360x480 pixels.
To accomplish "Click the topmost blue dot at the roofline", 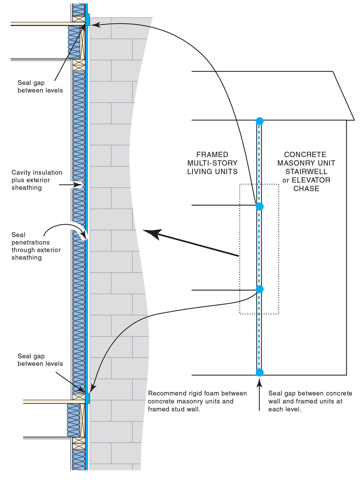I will pyautogui.click(x=259, y=121).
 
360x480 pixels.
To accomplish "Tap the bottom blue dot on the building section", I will pyautogui.click(x=259, y=372).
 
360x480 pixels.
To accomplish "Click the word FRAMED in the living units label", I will pyautogui.click(x=212, y=155).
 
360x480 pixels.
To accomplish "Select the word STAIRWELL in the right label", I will pyautogui.click(x=306, y=171).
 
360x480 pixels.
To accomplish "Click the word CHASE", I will pyautogui.click(x=306, y=189).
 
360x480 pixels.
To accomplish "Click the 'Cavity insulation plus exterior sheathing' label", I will pyautogui.click(x=37, y=180).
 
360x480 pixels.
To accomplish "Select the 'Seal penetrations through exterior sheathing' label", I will pyautogui.click(x=36, y=246).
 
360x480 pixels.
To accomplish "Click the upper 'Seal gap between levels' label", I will pyautogui.click(x=40, y=86).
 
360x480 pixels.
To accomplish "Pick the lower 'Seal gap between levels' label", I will pyautogui.click(x=40, y=360).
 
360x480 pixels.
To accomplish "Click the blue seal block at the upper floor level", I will pyautogui.click(x=88, y=19).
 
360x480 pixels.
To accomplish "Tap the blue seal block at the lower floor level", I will pyautogui.click(x=88, y=398).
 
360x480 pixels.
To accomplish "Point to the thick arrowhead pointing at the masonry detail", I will pyautogui.click(x=150, y=233).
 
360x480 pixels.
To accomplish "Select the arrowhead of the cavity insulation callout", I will pyautogui.click(x=80, y=185).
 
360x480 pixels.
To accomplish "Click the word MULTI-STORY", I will pyautogui.click(x=212, y=163).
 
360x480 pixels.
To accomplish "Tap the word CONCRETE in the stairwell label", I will pyautogui.click(x=305, y=155).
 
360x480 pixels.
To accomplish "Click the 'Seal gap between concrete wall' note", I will pyautogui.click(x=310, y=401).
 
